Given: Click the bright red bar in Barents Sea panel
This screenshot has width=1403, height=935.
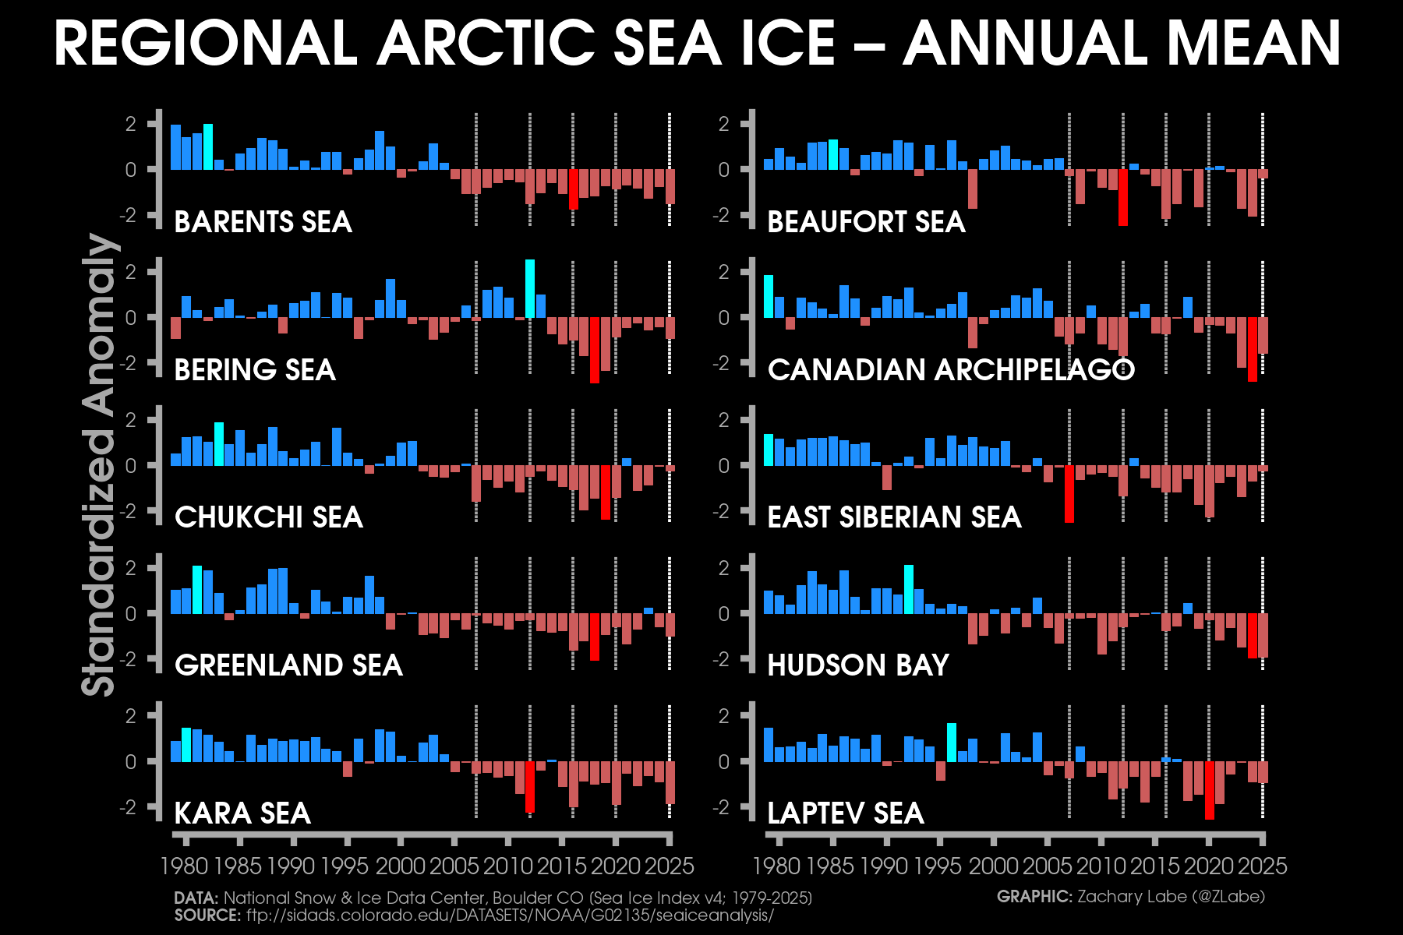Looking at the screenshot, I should pos(573,189).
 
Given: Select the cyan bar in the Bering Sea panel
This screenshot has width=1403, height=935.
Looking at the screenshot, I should pos(530,289).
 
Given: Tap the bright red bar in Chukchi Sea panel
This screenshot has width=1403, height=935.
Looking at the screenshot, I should pos(606,492).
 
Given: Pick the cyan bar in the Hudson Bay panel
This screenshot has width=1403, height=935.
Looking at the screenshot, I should pos(909,590).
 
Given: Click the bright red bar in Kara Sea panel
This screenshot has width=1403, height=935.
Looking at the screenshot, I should pos(530,787).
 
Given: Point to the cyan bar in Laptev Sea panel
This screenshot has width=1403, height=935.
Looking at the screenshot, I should pos(952,743).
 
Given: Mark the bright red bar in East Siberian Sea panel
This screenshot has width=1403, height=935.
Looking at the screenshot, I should pos(1069,494).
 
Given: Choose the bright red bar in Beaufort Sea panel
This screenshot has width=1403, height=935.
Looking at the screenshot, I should pos(1123,197).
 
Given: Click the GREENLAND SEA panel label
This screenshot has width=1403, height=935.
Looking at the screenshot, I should pos(288,665).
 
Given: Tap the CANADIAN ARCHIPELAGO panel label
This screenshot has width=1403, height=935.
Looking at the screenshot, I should pos(951,370).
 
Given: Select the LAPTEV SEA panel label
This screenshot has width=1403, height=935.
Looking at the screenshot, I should pos(846,813).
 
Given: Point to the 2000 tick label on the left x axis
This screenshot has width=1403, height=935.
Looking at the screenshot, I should pos(400,866).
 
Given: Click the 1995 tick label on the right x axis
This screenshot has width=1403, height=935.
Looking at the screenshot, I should pos(938,866).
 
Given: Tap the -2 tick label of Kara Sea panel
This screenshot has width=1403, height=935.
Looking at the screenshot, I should pos(128,807).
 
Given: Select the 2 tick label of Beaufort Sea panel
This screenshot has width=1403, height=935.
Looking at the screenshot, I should pos(724,124).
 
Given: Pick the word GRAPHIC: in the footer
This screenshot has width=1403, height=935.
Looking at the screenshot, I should pos(1034,897).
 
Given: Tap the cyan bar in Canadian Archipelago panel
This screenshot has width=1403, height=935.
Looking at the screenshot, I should pos(769,296).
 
